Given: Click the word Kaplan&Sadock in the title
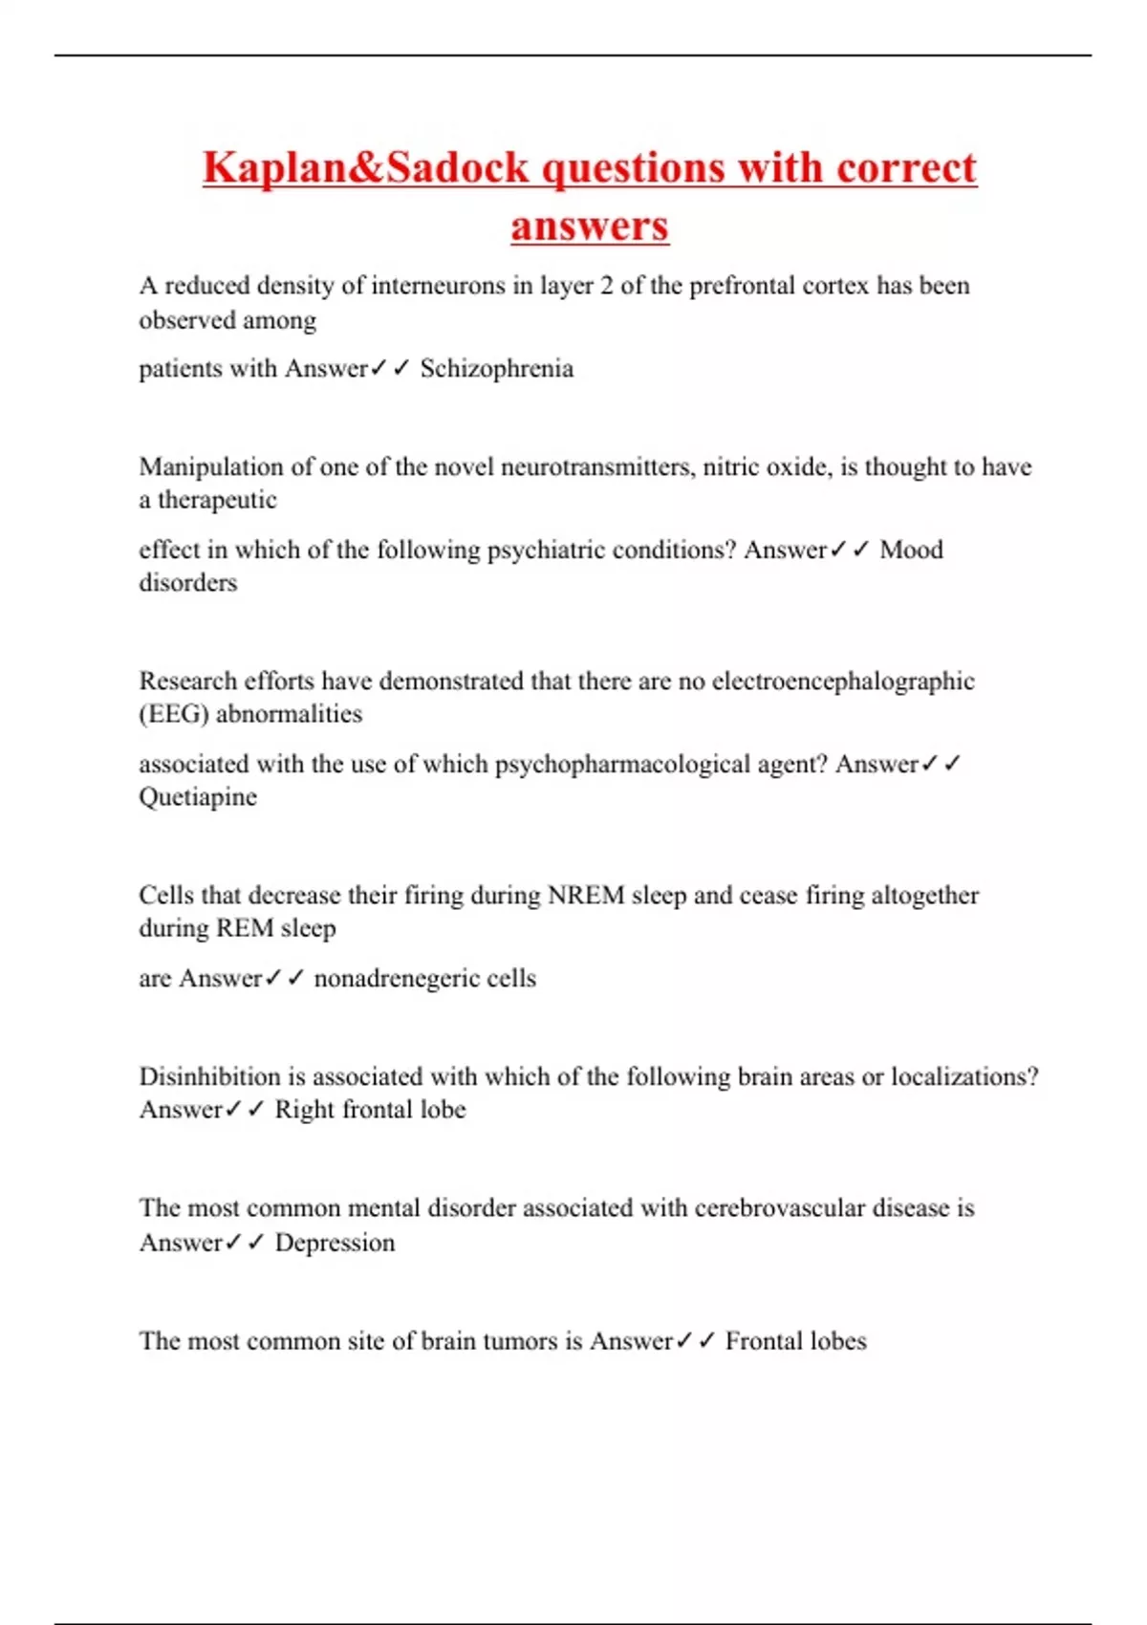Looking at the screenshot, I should [365, 168].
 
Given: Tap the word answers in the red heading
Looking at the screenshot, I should [590, 227].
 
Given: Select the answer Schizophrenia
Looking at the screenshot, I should [497, 369].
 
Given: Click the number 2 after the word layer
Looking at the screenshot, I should [606, 286].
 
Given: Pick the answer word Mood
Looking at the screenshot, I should [911, 550].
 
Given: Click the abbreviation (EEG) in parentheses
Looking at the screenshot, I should [174, 714].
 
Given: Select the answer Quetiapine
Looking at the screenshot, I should [198, 797].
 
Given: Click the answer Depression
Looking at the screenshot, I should [335, 1243].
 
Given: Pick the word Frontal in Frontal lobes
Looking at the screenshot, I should [761, 1341].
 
